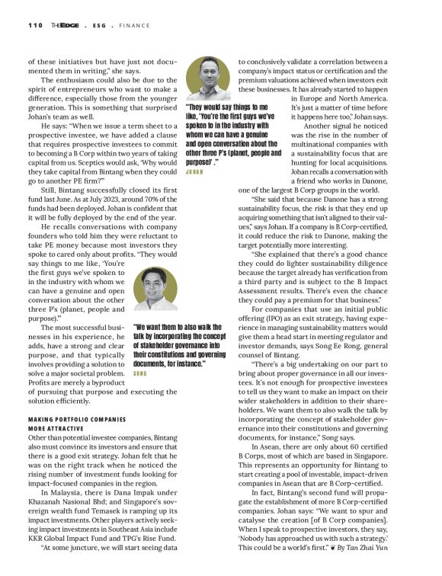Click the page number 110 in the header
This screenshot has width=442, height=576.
click(36, 24)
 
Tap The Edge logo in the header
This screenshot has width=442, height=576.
click(63, 24)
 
